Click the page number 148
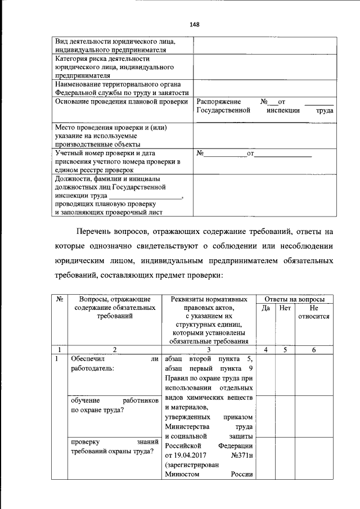pos(195,25)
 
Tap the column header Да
pos(266,308)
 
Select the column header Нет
pos(285,308)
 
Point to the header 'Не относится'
pos(314,312)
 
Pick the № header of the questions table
pos(59,299)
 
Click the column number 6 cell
pos(314,350)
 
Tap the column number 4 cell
pos(266,350)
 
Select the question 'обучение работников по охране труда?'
pos(114,405)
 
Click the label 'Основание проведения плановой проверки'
pos(121,102)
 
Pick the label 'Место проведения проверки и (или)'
pos(111,128)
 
